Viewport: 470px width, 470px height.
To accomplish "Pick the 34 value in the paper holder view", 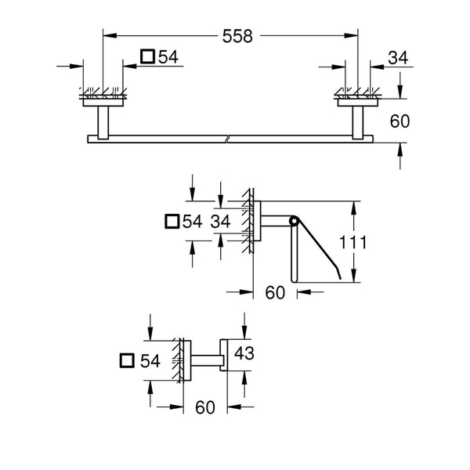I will coord(222,222).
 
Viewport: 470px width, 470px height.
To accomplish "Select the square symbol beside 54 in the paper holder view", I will coord(172,222).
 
